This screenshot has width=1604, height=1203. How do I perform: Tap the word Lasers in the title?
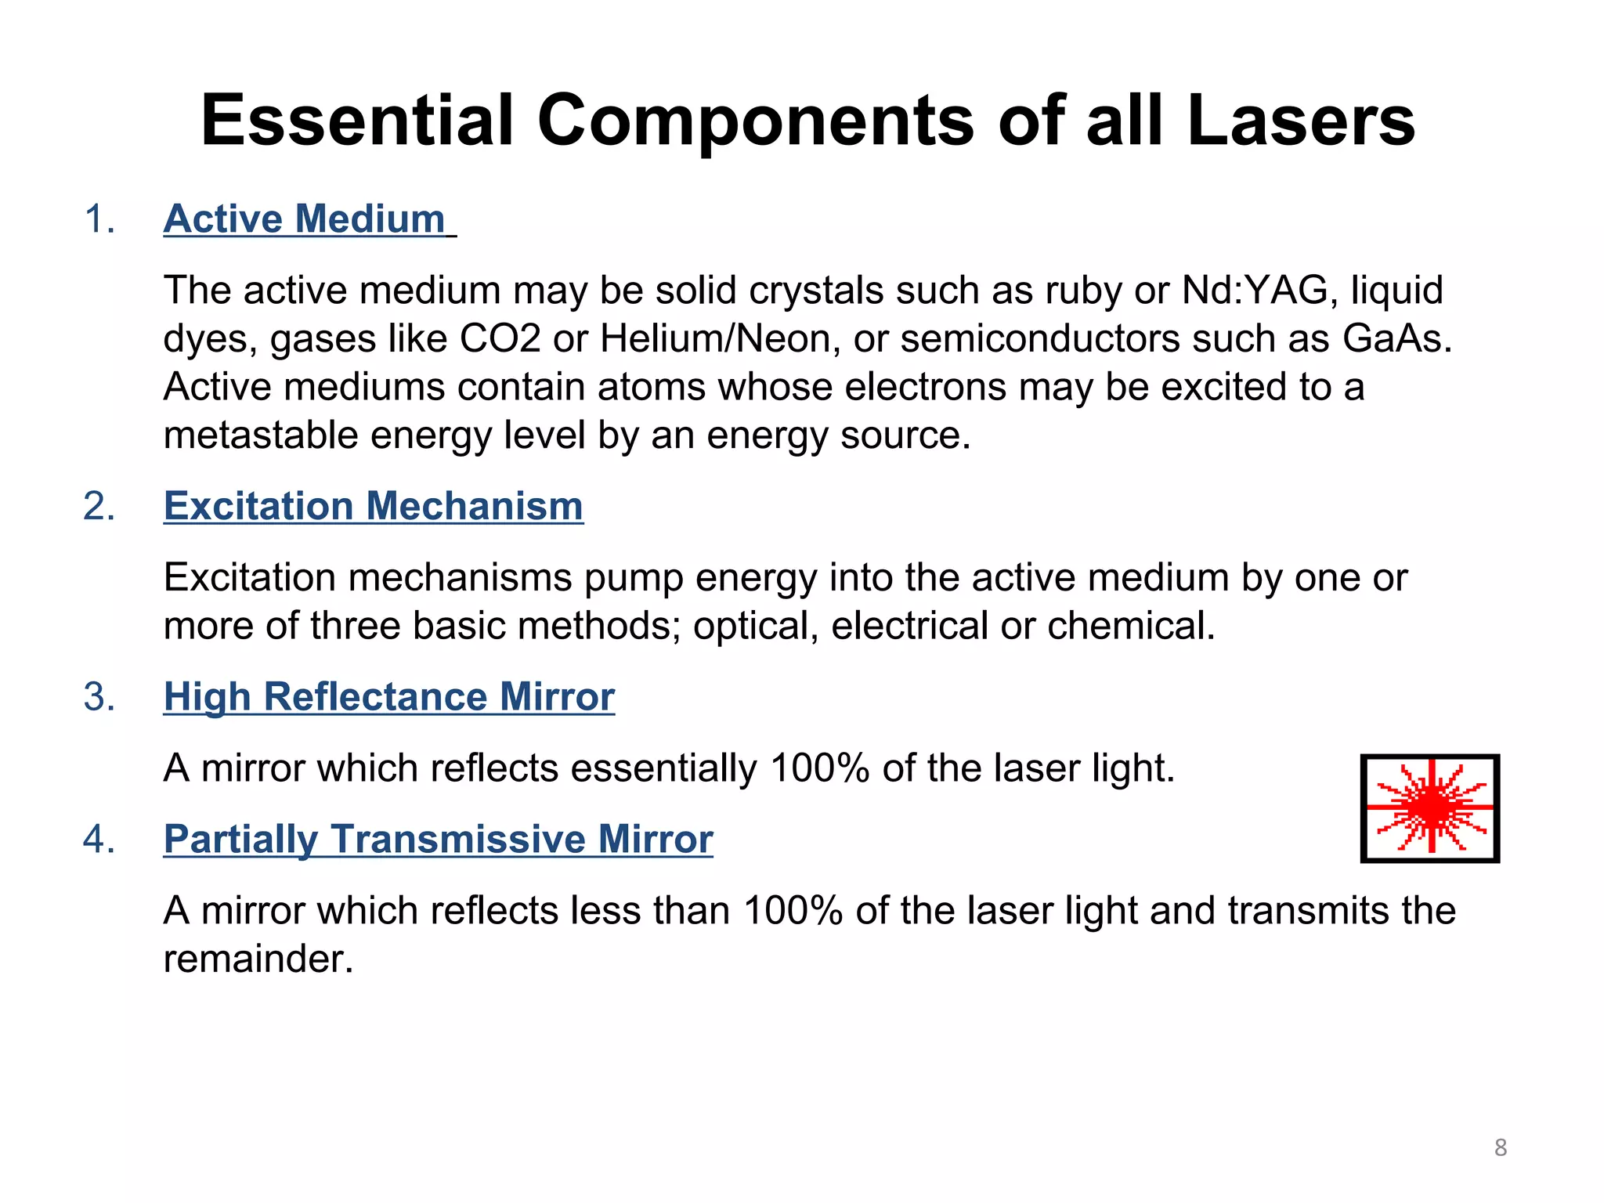pyautogui.click(x=1301, y=121)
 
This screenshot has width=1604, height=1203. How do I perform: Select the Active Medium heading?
pyautogui.click(x=305, y=219)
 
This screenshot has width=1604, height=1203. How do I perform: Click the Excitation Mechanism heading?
pyautogui.click(x=374, y=506)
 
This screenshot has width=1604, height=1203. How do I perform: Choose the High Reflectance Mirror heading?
pyautogui.click(x=389, y=696)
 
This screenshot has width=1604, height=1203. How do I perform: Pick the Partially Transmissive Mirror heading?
pyautogui.click(x=438, y=839)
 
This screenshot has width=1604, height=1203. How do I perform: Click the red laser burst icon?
pyautogui.click(x=1430, y=807)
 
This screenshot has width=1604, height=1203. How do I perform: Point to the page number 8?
pyautogui.click(x=1501, y=1147)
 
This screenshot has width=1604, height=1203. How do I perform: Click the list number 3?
pyautogui.click(x=99, y=697)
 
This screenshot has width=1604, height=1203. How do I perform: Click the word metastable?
pyautogui.click(x=261, y=435)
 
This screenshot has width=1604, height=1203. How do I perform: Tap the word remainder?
pyautogui.click(x=258, y=959)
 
